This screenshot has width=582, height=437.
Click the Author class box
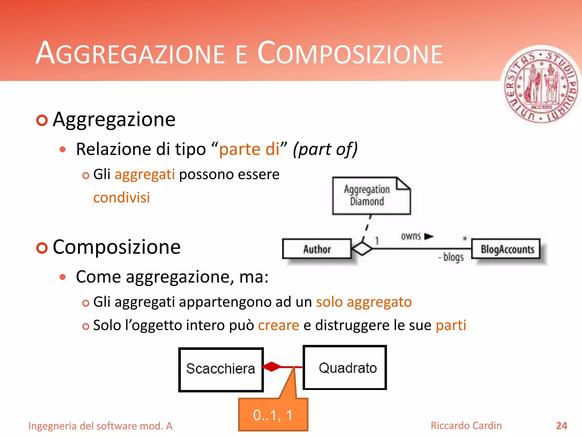(317, 249)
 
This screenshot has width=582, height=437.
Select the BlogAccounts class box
(506, 249)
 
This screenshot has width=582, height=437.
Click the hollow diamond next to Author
(361, 249)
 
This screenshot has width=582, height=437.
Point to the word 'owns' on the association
(411, 236)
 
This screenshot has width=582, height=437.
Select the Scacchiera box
(221, 369)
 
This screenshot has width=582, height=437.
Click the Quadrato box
(345, 368)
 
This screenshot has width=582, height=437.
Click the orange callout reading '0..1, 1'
(273, 415)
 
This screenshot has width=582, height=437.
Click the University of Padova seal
(541, 85)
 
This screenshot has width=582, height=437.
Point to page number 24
(561, 426)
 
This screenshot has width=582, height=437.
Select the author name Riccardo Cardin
(466, 426)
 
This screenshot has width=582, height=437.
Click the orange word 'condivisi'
(122, 197)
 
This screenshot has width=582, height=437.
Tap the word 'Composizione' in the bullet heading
(117, 247)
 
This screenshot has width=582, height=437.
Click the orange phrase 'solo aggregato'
(364, 302)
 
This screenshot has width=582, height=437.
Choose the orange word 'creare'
(278, 325)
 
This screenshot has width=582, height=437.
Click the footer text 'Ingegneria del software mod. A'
(100, 426)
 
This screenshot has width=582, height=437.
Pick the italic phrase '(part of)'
(325, 149)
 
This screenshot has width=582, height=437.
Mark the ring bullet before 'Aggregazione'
(42, 120)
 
